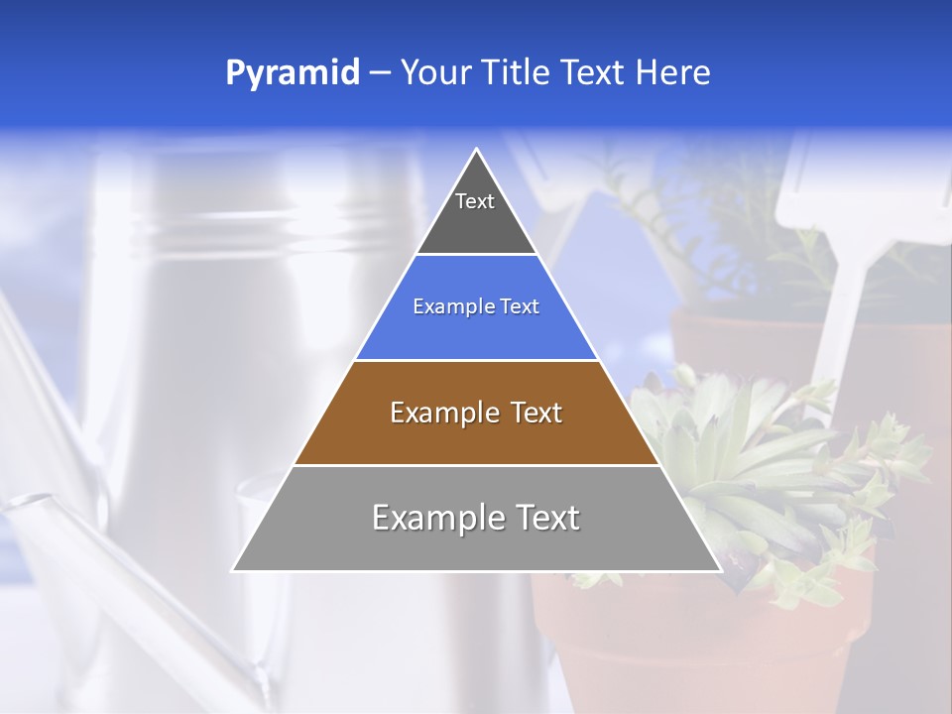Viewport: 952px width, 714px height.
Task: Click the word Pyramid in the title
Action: pyautogui.click(x=292, y=73)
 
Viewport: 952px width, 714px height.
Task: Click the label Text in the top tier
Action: pyautogui.click(x=475, y=201)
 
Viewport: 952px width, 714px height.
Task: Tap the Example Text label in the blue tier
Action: pyautogui.click(x=476, y=306)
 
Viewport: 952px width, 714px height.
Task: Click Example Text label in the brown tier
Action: pyautogui.click(x=476, y=413)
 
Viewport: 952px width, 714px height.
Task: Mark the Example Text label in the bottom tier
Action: pyautogui.click(x=476, y=518)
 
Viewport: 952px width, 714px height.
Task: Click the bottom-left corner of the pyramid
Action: pyautogui.click(x=234, y=570)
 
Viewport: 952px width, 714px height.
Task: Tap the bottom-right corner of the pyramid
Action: pyautogui.click(x=719, y=570)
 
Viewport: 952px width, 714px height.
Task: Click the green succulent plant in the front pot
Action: pyautogui.click(x=764, y=466)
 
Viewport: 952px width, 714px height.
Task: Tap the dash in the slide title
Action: pyautogui.click(x=380, y=73)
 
